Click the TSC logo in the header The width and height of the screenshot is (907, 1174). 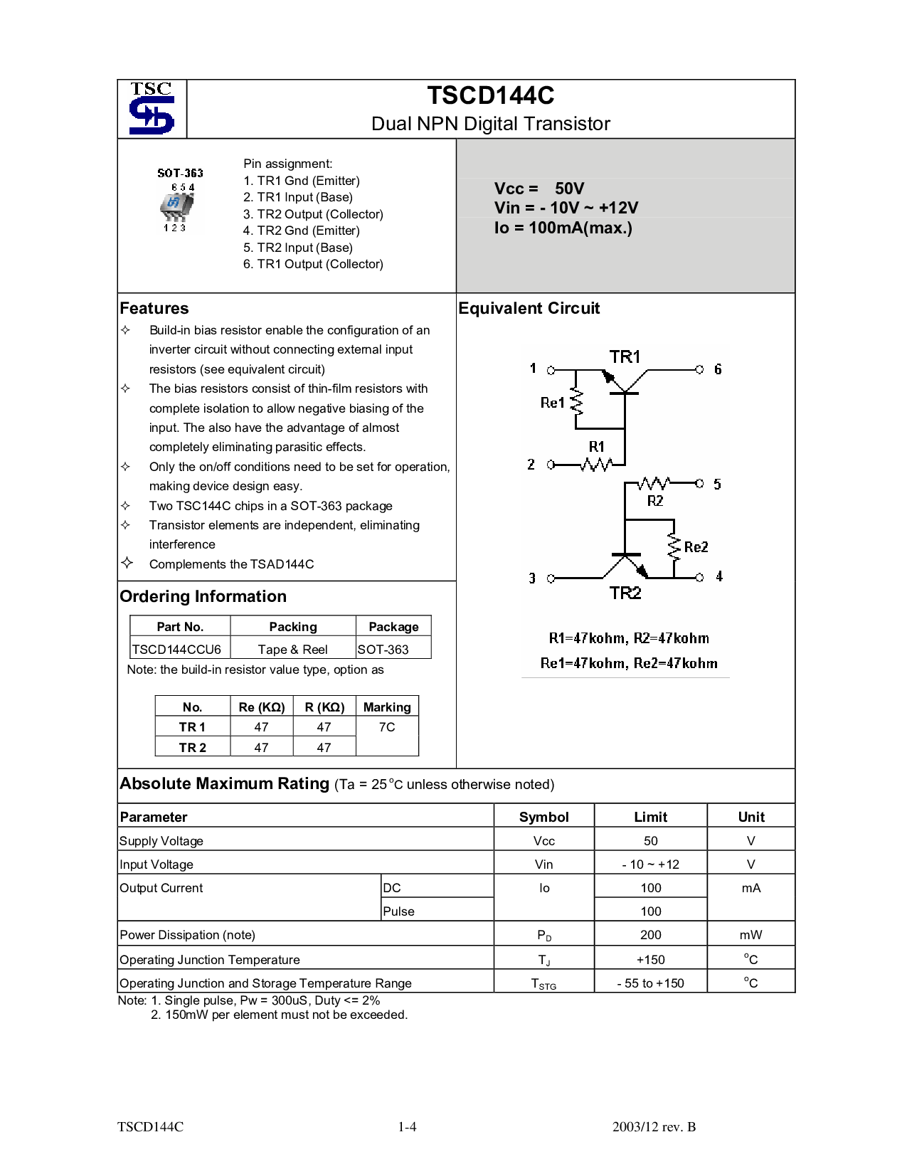[x=152, y=109]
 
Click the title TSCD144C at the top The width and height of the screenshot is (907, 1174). [x=491, y=95]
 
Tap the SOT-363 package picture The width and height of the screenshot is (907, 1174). [x=176, y=207]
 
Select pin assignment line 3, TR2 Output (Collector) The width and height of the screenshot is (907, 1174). [x=313, y=214]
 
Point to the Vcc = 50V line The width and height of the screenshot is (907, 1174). [x=539, y=189]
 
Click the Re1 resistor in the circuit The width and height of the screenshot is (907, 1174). [x=576, y=403]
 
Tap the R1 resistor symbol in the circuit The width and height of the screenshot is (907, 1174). [x=596, y=465]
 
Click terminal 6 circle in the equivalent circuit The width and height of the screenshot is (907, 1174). [x=699, y=369]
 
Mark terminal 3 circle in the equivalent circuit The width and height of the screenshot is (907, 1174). [x=551, y=578]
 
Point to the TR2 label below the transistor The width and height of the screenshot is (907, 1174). [x=625, y=593]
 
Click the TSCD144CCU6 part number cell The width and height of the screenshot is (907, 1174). [x=177, y=649]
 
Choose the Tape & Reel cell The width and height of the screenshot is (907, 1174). [x=292, y=649]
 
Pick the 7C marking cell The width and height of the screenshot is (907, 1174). [x=387, y=727]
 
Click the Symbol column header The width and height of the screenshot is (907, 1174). [x=543, y=817]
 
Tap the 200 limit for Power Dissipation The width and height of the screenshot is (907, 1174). [x=650, y=935]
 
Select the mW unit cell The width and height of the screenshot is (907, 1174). [x=751, y=935]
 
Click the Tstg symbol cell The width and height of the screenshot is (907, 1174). [x=543, y=983]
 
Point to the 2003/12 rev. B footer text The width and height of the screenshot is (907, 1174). [x=654, y=1127]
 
